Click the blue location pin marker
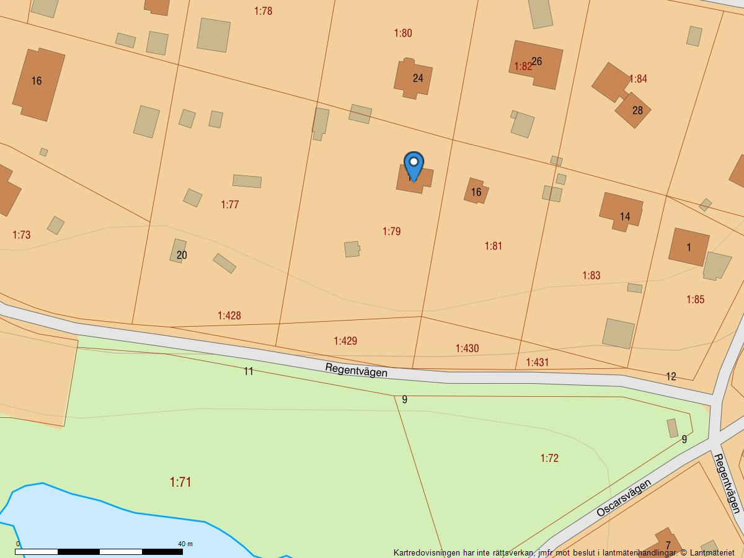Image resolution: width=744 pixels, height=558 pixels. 414,166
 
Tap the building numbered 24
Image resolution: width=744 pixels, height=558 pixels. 414,78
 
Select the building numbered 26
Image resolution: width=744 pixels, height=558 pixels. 536,64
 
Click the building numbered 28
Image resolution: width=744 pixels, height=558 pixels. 634,110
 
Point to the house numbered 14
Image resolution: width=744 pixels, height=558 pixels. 622,212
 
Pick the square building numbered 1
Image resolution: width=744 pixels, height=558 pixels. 689,247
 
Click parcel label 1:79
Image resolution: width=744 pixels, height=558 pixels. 391,231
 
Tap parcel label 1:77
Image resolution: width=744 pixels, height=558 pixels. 229,205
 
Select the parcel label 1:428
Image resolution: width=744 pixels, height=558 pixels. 229,316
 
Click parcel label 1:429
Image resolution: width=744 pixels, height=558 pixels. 345,341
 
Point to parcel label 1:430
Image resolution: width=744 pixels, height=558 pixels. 467,348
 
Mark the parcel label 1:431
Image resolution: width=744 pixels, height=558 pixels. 538,362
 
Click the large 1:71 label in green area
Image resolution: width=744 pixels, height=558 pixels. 180,482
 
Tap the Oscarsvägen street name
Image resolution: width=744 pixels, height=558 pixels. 624,498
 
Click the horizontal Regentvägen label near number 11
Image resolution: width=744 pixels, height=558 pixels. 356,370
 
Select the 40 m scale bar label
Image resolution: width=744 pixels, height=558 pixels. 185,544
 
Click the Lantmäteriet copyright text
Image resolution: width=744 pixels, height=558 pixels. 707,552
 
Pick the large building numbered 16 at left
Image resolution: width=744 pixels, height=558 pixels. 38,84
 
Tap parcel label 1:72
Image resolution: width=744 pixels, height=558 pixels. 549,458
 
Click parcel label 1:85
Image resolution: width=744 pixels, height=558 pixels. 695,299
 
